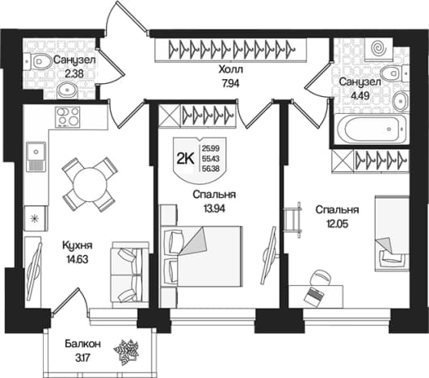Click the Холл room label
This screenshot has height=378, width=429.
point(230,69)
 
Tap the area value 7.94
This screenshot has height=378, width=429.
point(230,83)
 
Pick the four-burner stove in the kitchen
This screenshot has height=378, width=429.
point(68,117)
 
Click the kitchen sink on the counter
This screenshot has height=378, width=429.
point(36,156)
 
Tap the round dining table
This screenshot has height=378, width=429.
point(90,183)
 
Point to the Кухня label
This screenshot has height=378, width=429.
point(78,246)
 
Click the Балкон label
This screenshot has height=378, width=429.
point(83,344)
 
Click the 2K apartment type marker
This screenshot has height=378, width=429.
point(185,159)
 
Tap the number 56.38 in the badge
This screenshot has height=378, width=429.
point(211,170)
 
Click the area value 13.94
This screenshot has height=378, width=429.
point(214,208)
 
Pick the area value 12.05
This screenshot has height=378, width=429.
point(337,225)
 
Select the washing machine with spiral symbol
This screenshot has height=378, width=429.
point(379,49)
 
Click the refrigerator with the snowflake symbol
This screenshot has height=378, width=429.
point(36,218)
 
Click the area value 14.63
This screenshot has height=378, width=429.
point(78,259)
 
